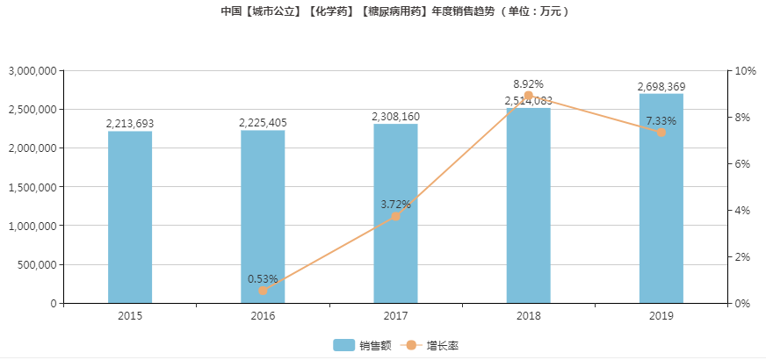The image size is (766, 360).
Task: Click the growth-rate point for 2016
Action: coord(263,291)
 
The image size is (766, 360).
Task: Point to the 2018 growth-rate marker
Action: coord(528,96)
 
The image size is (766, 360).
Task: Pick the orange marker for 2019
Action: coord(661,133)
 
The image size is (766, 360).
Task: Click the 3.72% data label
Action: coord(395,205)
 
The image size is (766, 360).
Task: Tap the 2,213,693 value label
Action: coord(130,125)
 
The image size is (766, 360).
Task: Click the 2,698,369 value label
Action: coord(661,87)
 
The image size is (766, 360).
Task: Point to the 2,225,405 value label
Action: coord(263,124)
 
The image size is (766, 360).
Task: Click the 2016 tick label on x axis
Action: coord(263,315)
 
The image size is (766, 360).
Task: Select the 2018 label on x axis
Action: coord(528,315)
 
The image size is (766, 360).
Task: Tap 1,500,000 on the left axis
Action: coord(32,187)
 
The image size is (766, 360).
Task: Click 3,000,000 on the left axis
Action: coord(32,70)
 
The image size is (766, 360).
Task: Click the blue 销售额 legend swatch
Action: coord(343,345)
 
